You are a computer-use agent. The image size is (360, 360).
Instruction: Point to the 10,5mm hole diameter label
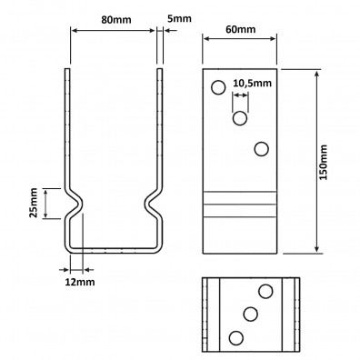252,84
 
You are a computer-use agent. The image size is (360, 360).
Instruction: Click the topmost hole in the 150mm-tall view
218,88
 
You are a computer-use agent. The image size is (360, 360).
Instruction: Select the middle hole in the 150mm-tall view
240,118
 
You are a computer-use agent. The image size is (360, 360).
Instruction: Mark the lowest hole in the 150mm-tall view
262,148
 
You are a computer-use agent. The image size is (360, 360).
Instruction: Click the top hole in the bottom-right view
266,291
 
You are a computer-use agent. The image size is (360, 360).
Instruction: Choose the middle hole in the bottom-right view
250,315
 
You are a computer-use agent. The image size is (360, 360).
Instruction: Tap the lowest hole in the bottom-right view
235,338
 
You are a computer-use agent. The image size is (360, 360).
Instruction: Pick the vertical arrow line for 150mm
315,161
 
